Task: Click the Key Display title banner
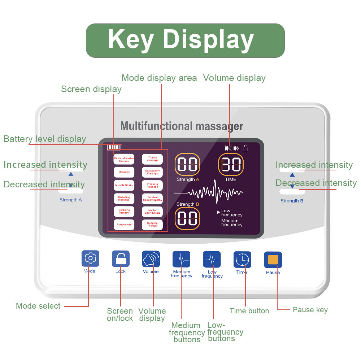point(185,40)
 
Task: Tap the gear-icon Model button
point(90,258)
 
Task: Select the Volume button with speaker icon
point(151,258)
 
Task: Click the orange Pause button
point(273,260)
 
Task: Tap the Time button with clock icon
point(242,259)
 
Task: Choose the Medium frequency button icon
point(181,259)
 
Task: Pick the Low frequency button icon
point(212,259)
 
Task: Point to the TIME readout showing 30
point(231,165)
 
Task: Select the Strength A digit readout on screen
point(187,165)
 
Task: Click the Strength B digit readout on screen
point(187,218)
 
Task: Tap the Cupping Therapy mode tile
point(152,225)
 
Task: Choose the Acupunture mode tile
point(124,225)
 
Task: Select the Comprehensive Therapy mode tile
point(124,159)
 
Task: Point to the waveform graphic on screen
point(209,192)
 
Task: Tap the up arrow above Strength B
point(292,175)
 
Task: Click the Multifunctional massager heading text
point(182,126)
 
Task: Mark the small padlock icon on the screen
point(245,148)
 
